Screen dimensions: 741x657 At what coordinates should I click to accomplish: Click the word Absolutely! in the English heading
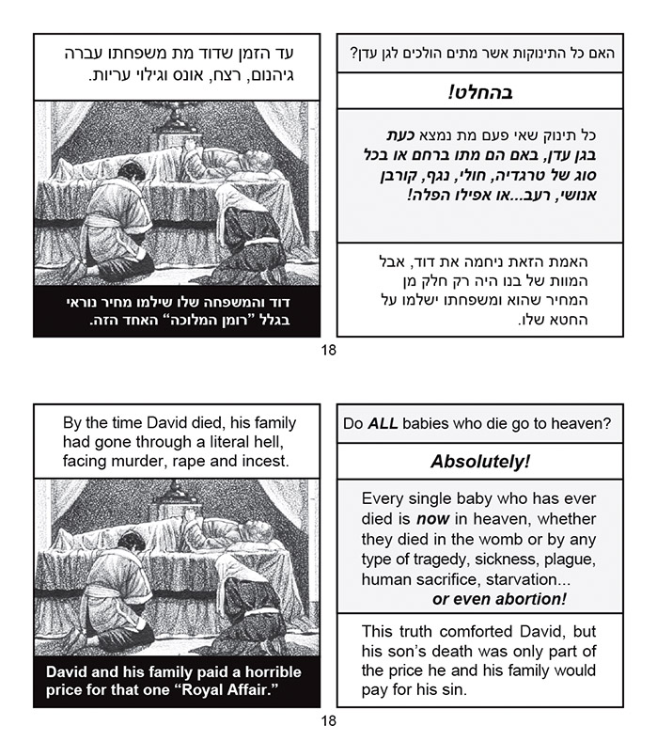coord(479,463)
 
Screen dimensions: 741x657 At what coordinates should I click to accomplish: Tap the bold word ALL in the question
coord(382,424)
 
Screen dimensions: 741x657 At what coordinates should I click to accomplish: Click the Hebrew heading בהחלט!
coord(479,93)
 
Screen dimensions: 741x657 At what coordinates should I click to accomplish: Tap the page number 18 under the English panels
coord(328,720)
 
